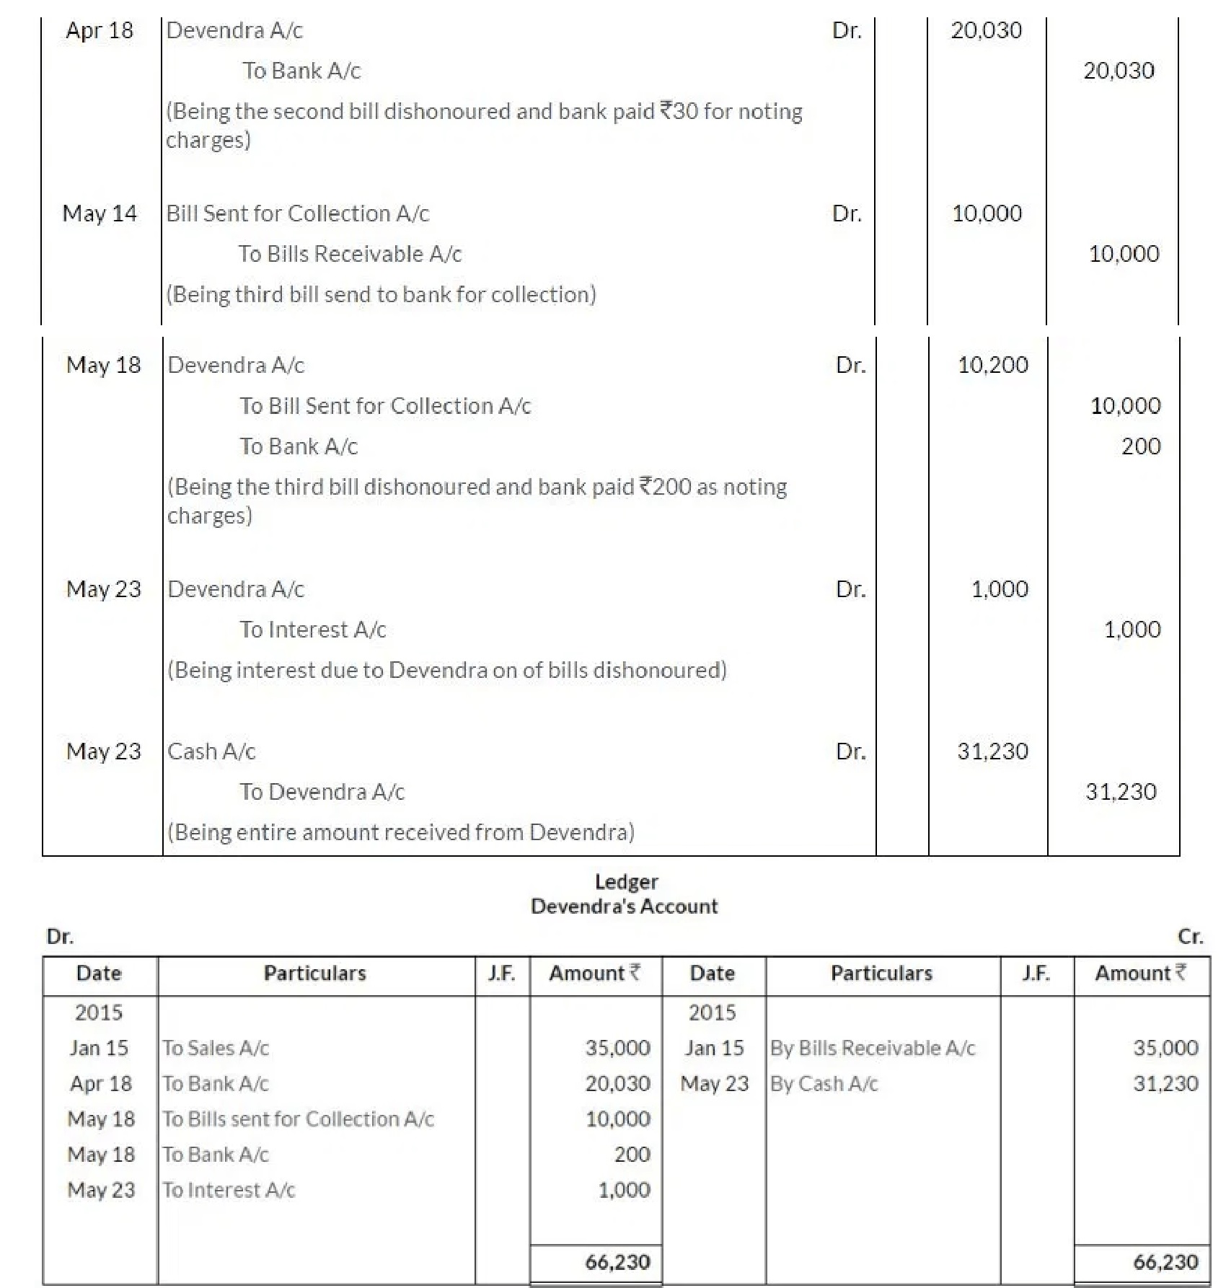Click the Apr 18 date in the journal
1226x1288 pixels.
100,30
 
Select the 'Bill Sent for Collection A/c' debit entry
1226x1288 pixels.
297,213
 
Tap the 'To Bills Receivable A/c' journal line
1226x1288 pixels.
350,254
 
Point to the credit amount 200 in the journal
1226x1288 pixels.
1140,446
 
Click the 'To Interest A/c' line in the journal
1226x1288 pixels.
313,630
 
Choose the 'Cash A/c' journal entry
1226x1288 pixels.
211,751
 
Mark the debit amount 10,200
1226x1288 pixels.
992,365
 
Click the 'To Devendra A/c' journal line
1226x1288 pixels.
322,792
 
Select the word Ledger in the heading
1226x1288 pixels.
626,882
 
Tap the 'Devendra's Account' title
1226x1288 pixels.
625,907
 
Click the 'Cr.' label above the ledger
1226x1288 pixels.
1190,937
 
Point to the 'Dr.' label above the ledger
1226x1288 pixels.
60,937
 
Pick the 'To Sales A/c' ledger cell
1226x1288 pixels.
216,1048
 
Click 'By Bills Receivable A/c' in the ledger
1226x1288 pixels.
873,1048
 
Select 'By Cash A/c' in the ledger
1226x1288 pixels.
824,1084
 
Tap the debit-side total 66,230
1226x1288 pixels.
617,1262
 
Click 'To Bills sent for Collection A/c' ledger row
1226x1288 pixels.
298,1119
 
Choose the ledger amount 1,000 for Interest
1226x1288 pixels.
624,1190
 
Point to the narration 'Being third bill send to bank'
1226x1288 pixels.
382,294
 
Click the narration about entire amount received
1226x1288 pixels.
401,832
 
